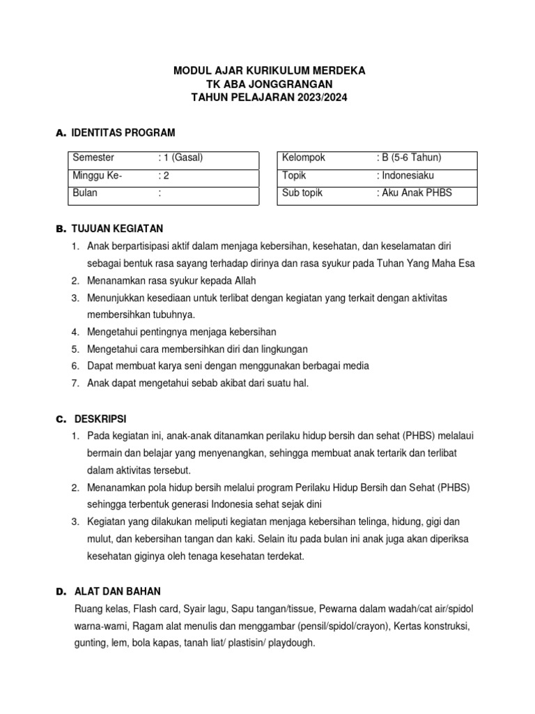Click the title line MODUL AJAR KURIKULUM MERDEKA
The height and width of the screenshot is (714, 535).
point(268,71)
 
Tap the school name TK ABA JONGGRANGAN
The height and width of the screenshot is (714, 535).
point(268,84)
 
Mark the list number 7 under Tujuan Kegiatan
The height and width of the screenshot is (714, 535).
point(75,383)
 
